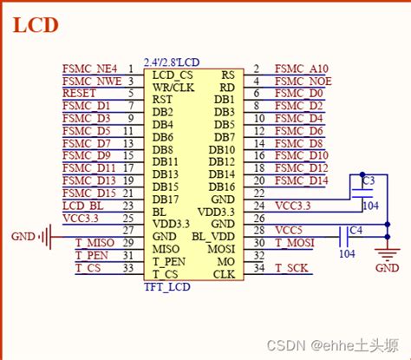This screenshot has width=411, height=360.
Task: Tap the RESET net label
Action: pyautogui.click(x=79, y=93)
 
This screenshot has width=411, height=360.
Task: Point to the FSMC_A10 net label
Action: pyautogui.click(x=301, y=68)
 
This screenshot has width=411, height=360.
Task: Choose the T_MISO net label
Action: pyautogui.click(x=95, y=243)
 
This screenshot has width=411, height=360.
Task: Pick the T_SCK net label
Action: pyautogui.click(x=290, y=268)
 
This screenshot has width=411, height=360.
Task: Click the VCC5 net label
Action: pyautogui.click(x=289, y=230)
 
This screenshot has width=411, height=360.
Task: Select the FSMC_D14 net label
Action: pyautogui.click(x=301, y=180)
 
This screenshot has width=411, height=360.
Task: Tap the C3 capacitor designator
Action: pyautogui.click(x=368, y=180)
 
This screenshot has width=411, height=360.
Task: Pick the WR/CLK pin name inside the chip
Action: pyautogui.click(x=173, y=87)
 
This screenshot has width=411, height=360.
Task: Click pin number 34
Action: pyautogui.click(x=258, y=268)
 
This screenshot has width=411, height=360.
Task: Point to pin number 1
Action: pyautogui.click(x=130, y=68)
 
